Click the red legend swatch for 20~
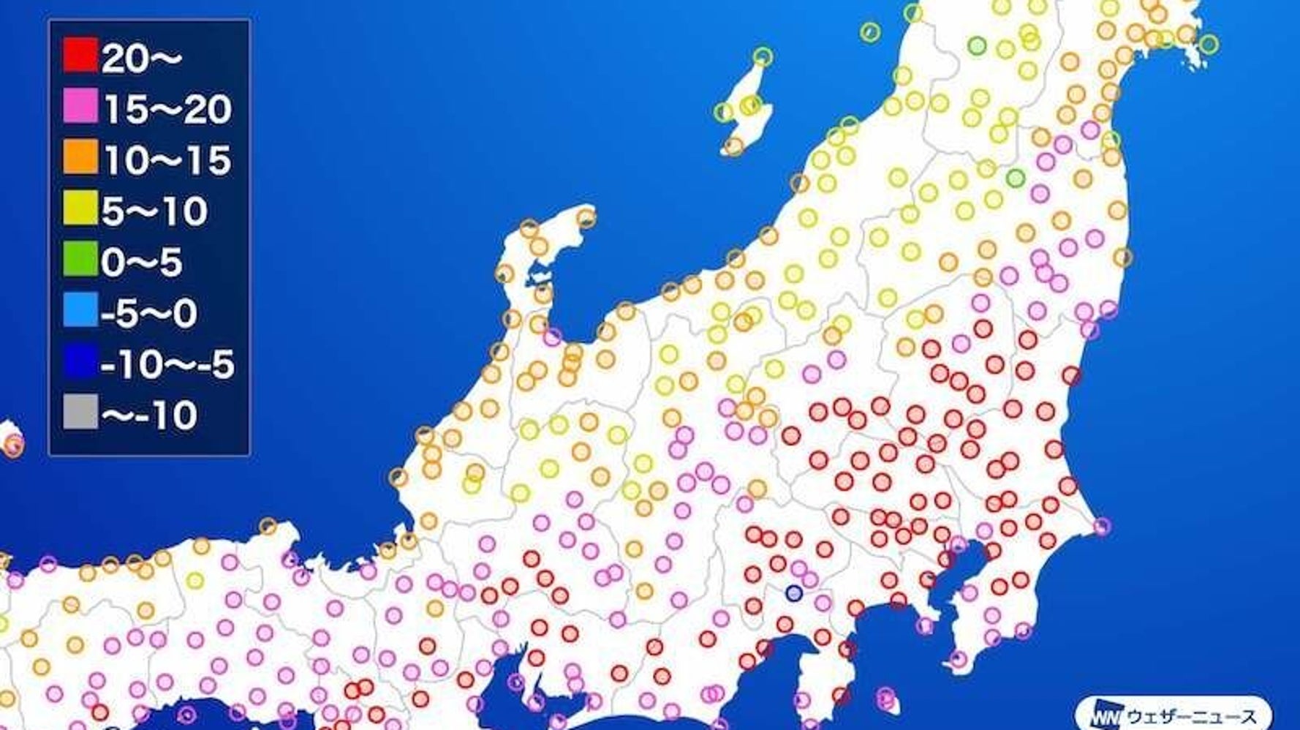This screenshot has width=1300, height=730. coord(80,56)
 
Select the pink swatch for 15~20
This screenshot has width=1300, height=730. coord(80,108)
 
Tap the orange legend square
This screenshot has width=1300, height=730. coord(80,159)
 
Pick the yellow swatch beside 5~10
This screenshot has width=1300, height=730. coord(80,210)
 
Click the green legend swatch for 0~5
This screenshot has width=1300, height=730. coord(80,260)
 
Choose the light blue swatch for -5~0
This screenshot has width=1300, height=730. coord(80,312)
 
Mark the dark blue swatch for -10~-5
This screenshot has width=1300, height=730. coord(80,363)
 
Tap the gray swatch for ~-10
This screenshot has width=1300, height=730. coord(80,413)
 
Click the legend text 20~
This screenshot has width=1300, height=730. coord(141,59)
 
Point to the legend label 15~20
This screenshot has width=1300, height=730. coord(167,110)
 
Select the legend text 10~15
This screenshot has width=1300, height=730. coord(167,160)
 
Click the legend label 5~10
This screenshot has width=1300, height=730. coord(154,211)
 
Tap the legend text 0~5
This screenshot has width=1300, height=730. coord(141,262)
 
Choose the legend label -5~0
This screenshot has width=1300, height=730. coord(149,313)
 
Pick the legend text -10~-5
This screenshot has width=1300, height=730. coord(167,364)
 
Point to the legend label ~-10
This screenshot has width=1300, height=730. coord(149,415)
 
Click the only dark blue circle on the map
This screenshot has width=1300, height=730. coord(794,593)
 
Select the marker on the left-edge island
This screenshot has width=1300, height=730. coord(12,443)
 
